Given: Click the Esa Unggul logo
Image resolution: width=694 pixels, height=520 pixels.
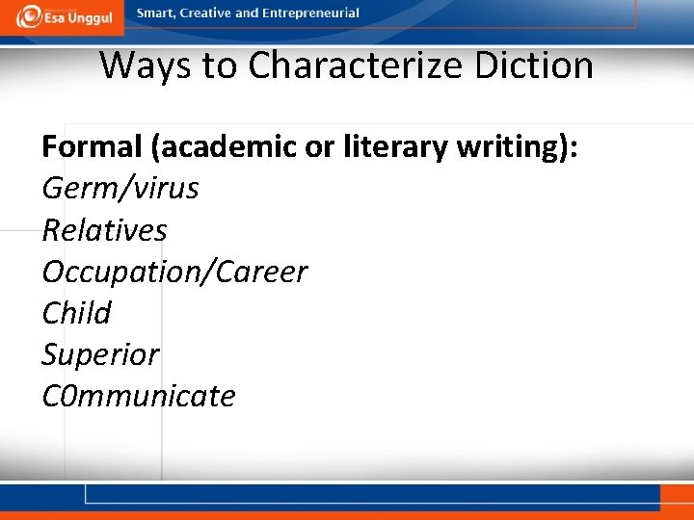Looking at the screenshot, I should pyautogui.click(x=63, y=15).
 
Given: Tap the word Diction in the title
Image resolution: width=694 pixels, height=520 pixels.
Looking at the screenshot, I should pyautogui.click(x=547, y=65).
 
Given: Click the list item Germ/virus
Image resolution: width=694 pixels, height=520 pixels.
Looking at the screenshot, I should pyautogui.click(x=120, y=188).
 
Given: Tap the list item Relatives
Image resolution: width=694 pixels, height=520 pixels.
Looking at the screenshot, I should pyautogui.click(x=104, y=230).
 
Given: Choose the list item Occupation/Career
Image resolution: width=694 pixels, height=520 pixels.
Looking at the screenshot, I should pyautogui.click(x=174, y=272).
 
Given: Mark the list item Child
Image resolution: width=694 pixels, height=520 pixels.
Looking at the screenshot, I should pyautogui.click(x=76, y=313).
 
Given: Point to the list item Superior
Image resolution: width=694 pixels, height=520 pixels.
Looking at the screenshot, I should pyautogui.click(x=100, y=354).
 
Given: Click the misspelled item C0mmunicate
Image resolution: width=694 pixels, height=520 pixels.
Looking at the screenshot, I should pyautogui.click(x=139, y=396).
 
